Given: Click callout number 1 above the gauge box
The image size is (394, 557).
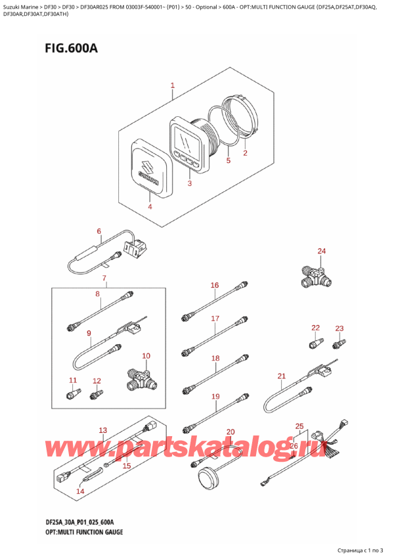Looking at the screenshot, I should click(x=172, y=85).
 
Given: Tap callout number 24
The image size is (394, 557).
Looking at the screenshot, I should click(x=321, y=251).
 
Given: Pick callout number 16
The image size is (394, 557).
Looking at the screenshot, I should click(x=214, y=285).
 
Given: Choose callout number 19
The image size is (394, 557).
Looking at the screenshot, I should click(x=215, y=396).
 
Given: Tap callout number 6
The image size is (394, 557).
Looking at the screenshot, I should click(x=99, y=231).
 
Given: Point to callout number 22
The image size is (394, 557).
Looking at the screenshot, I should click(x=315, y=328).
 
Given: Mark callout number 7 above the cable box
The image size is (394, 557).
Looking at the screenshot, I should click(x=103, y=279).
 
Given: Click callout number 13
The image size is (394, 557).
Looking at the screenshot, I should click(x=102, y=430).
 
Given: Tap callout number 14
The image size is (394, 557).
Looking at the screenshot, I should click(x=80, y=491).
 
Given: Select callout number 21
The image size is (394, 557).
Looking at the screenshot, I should click(x=282, y=376).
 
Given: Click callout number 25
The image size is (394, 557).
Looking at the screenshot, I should click(x=299, y=426).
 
